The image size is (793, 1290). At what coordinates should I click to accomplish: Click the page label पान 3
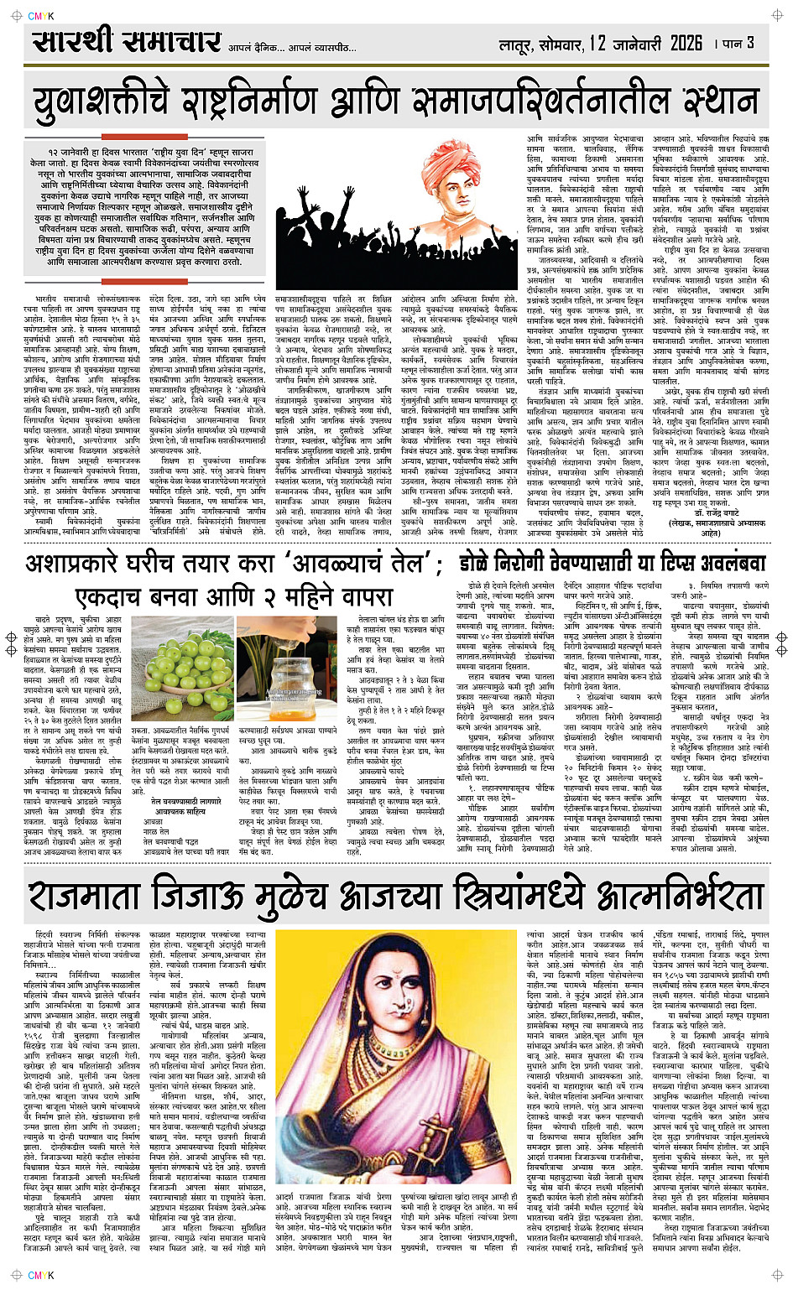coord(738,42)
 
